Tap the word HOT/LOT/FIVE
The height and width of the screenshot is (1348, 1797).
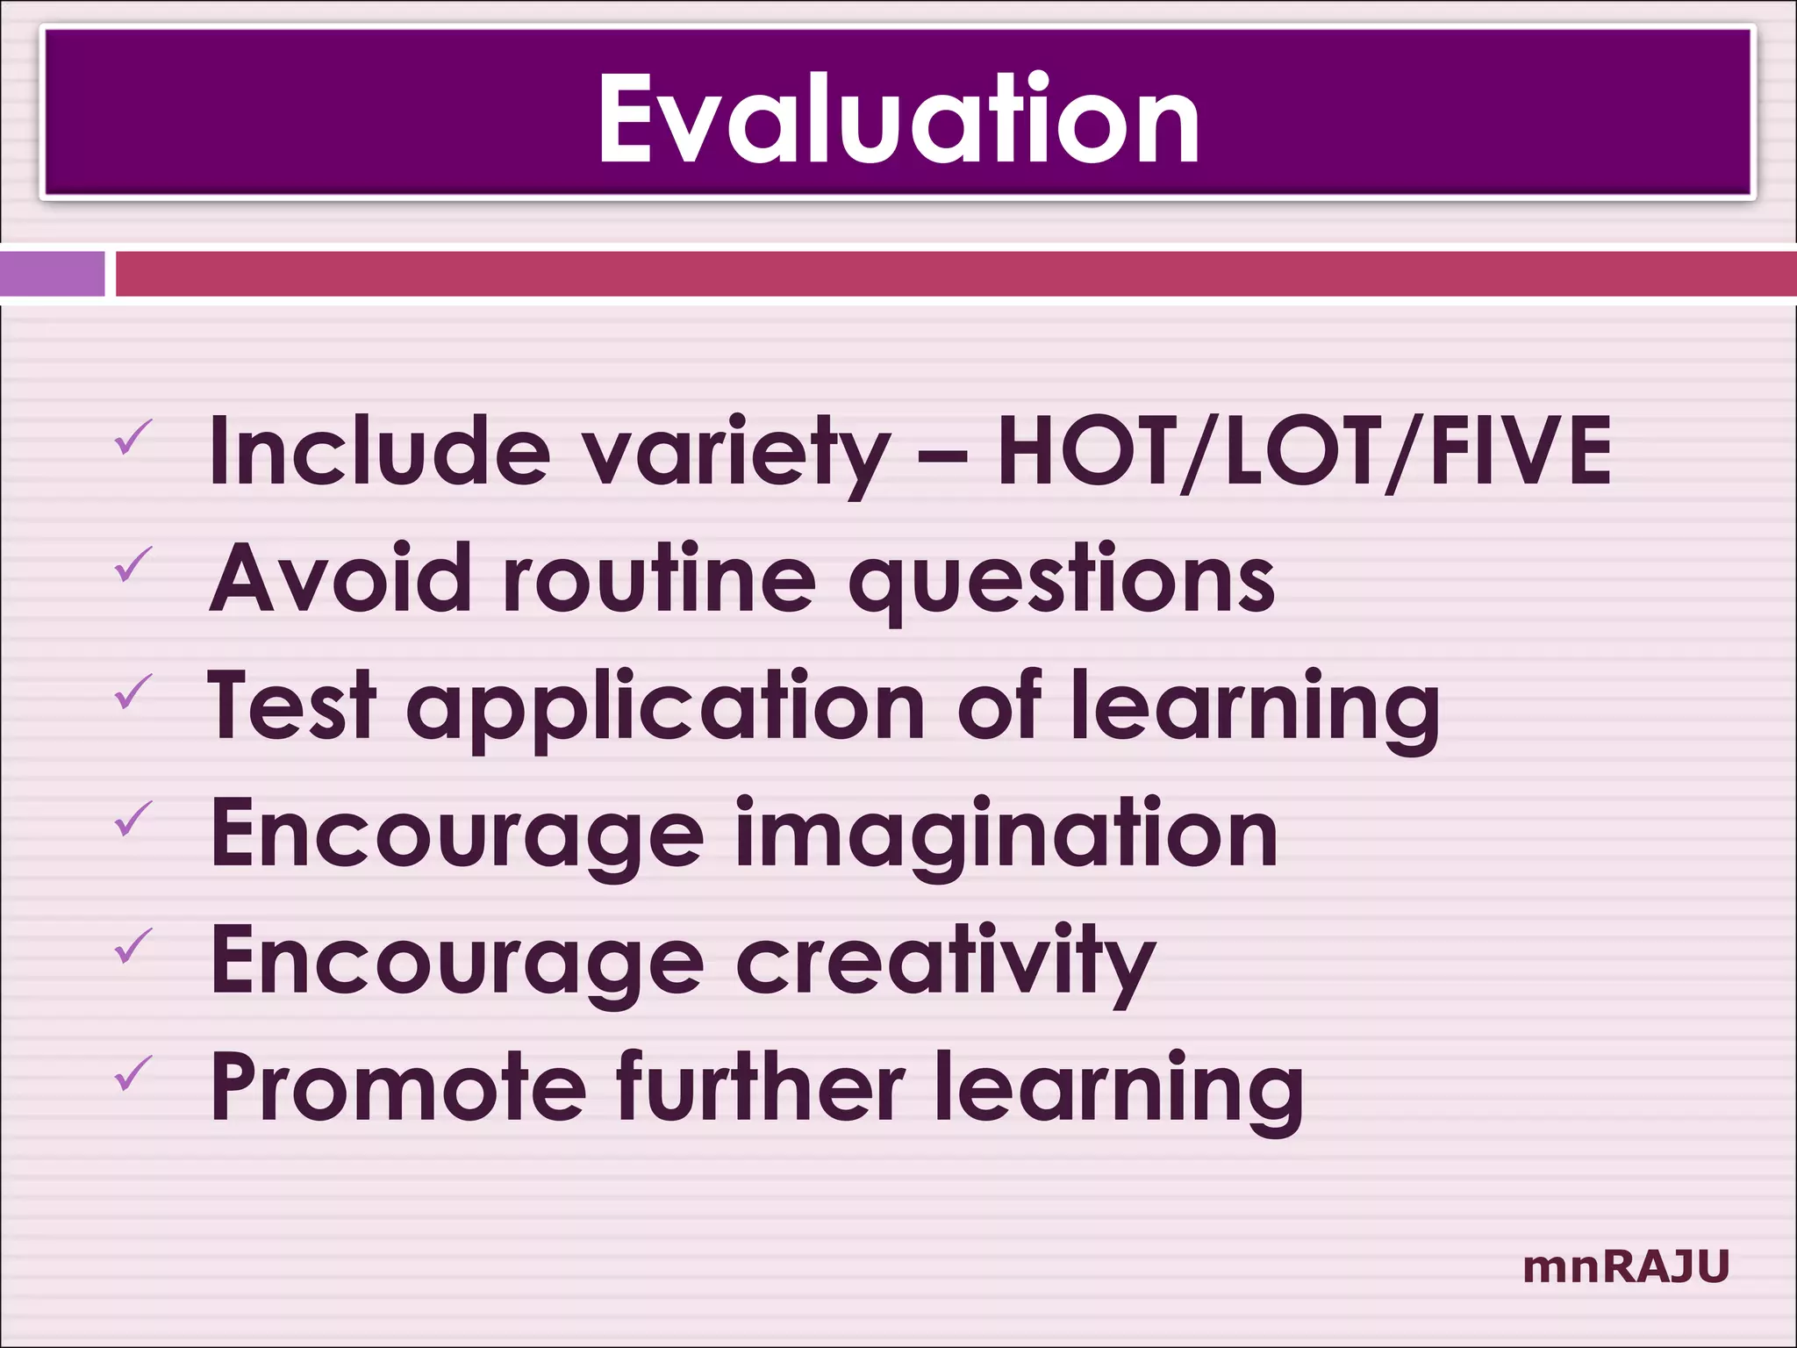1304,450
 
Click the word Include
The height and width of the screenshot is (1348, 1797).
380,450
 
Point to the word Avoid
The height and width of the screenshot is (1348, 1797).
341,577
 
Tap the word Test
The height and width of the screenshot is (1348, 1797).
293,705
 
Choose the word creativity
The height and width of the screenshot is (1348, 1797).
945,962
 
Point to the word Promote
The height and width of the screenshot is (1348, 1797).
397,1088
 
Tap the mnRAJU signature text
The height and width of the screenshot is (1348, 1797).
1626,1267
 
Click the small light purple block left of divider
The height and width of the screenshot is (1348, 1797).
52,274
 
